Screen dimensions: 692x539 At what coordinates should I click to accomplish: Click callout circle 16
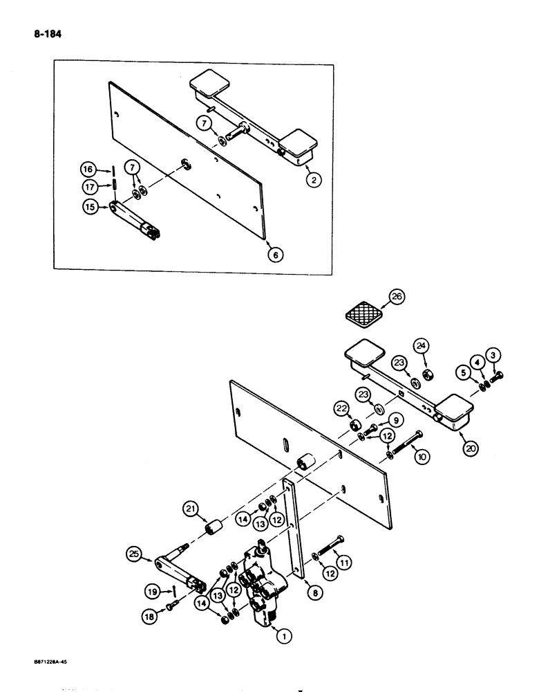(x=87, y=169)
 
